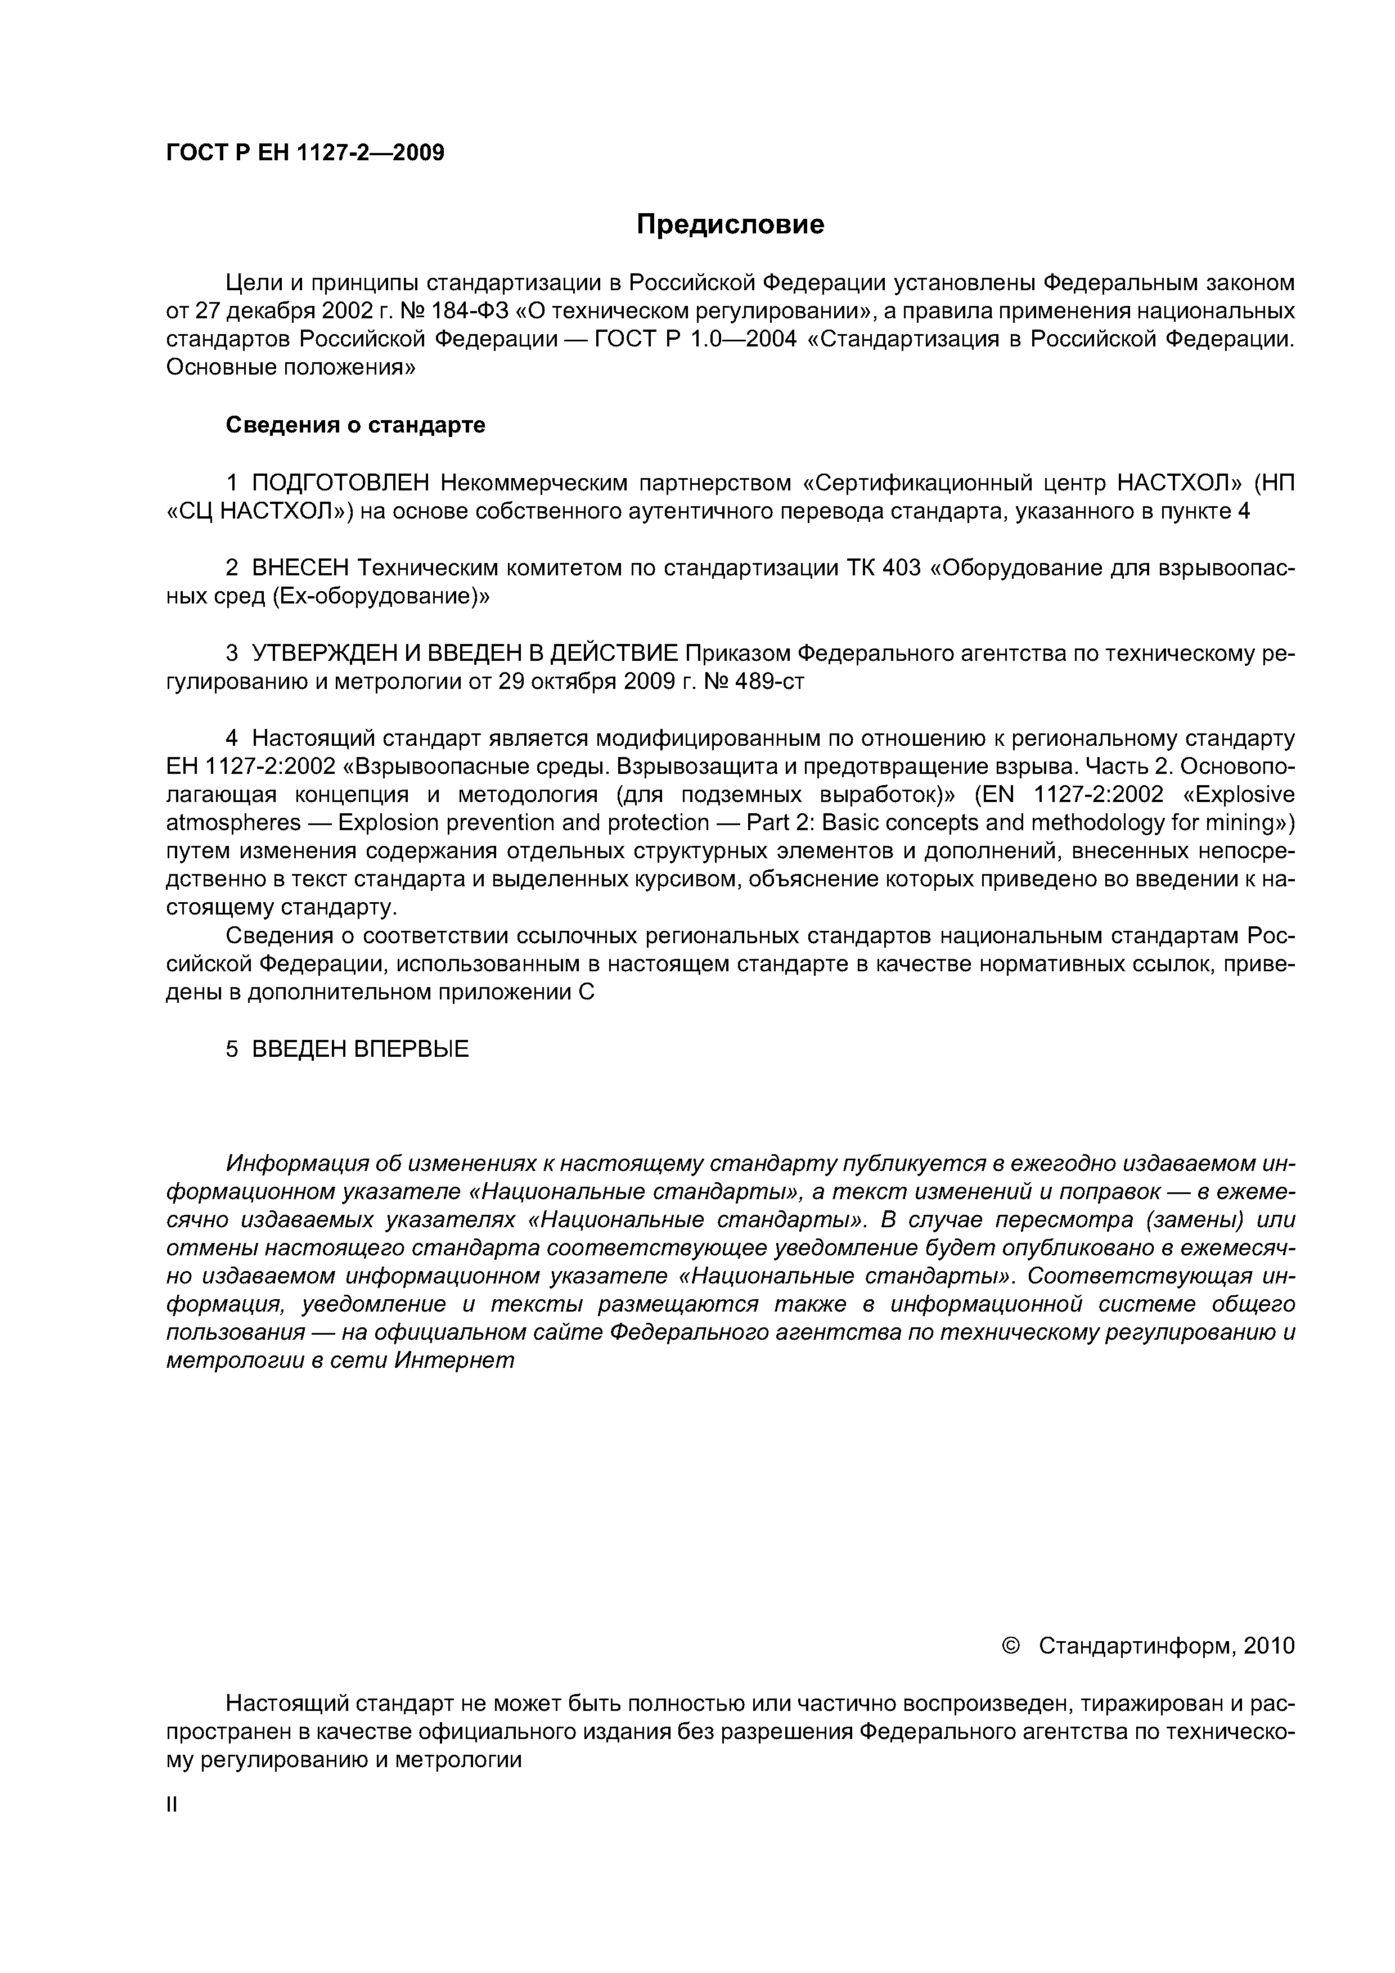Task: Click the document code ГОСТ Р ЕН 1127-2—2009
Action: coord(305,153)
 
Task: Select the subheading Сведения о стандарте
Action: coord(355,425)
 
